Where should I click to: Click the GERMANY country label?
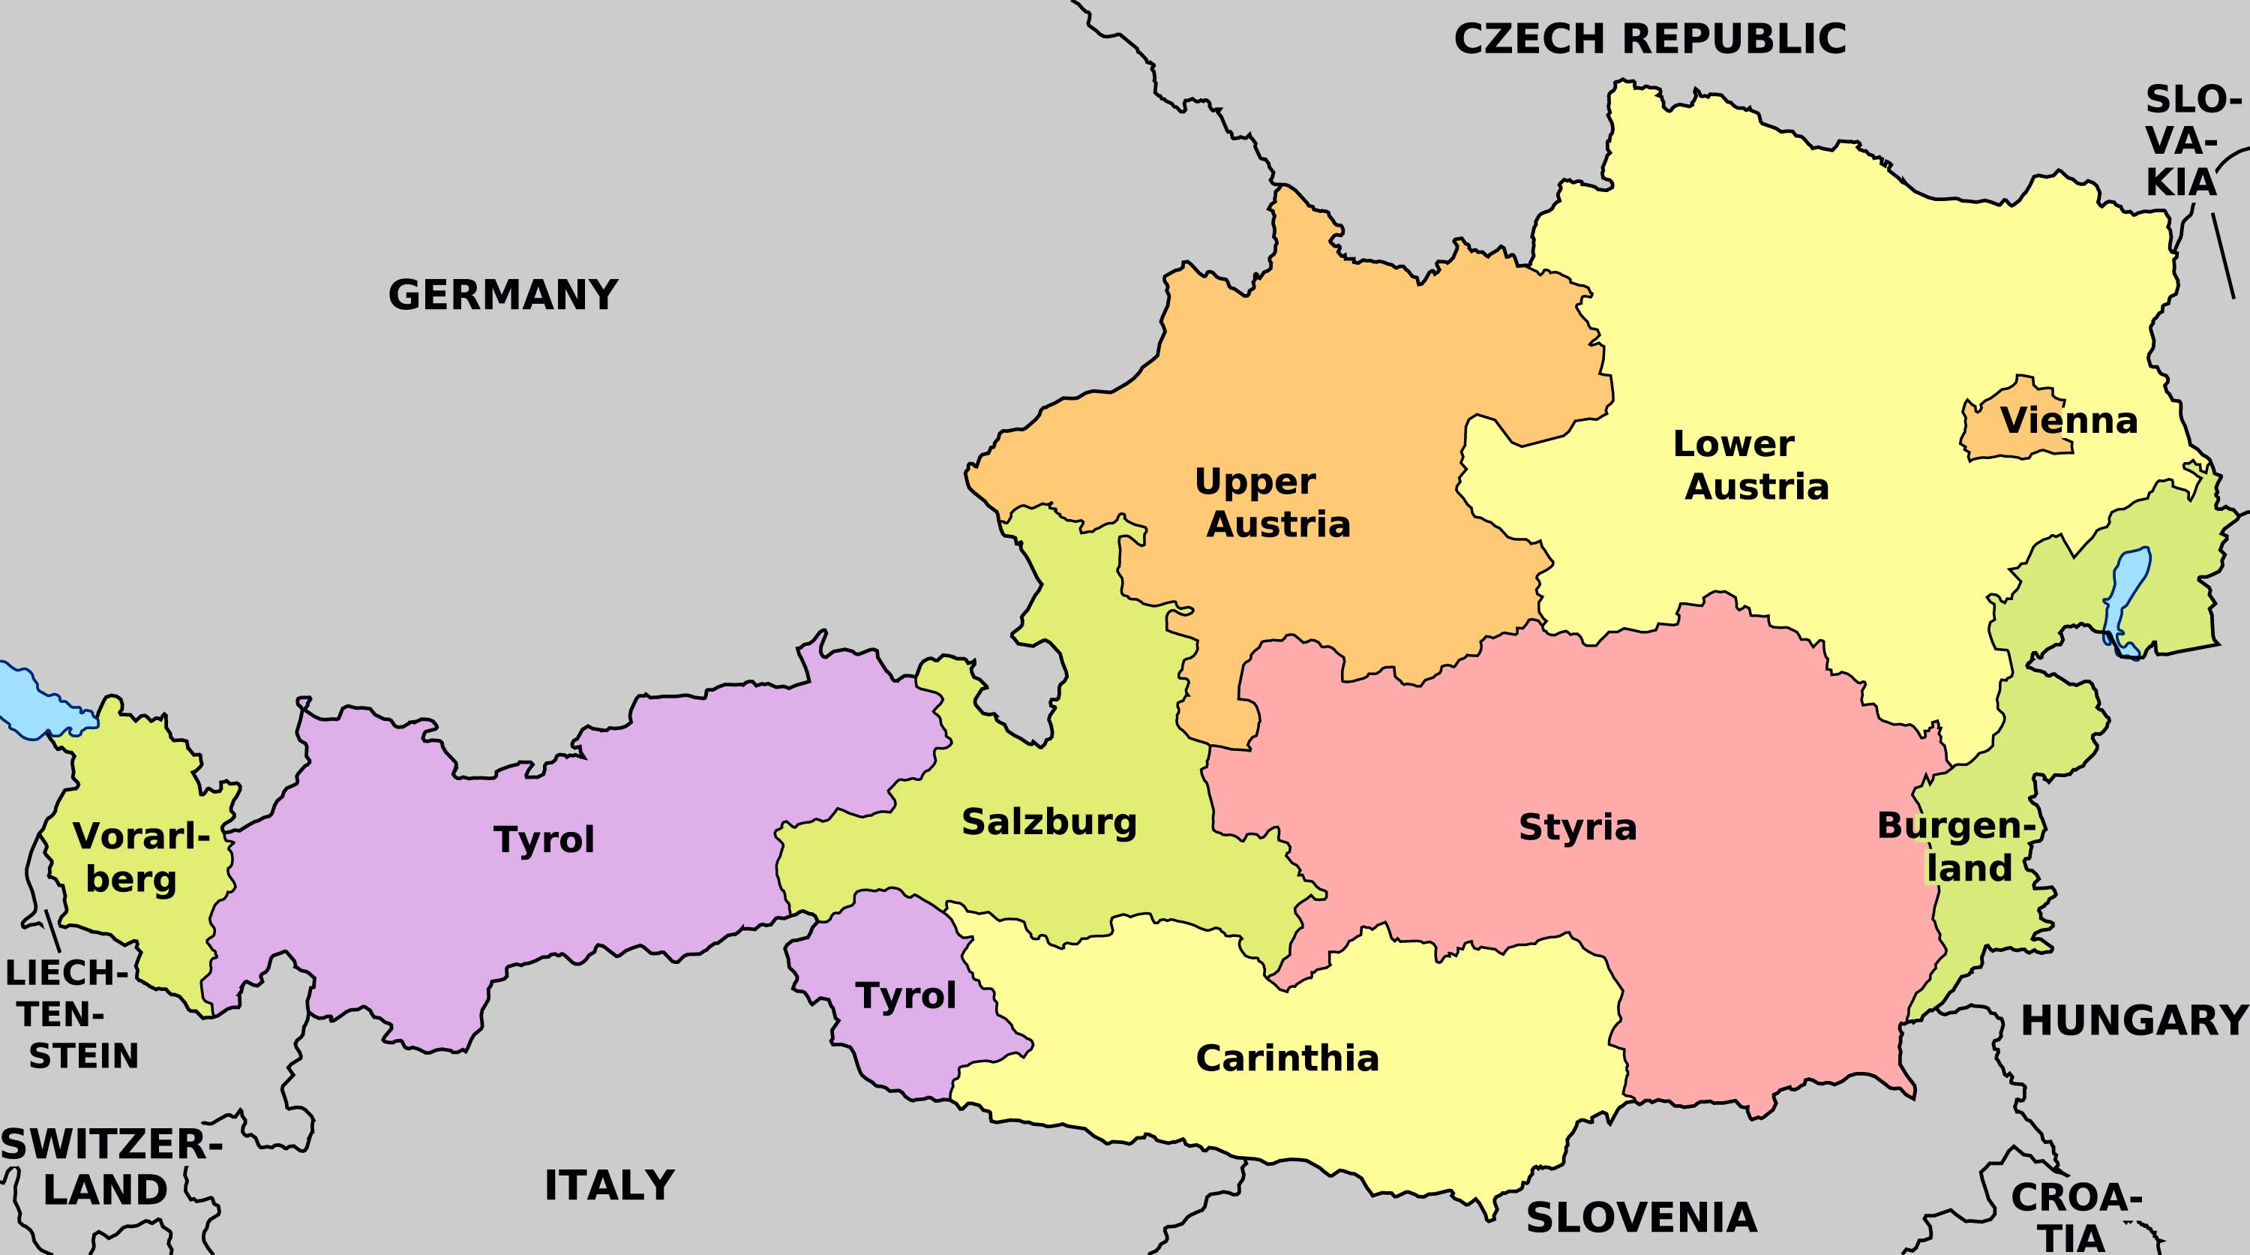tap(503, 296)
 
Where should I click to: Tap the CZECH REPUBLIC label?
tap(1649, 39)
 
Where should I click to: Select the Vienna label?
tap(2068, 422)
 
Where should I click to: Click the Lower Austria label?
tap(1750, 466)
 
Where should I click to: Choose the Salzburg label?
tap(1049, 823)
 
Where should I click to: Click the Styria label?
tap(1577, 828)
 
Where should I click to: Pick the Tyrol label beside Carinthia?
tap(906, 996)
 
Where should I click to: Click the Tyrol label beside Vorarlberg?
tap(544, 840)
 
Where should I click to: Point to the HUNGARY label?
tap(2134, 1020)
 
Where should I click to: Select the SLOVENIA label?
tap(1641, 1218)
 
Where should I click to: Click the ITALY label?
tap(609, 1186)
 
